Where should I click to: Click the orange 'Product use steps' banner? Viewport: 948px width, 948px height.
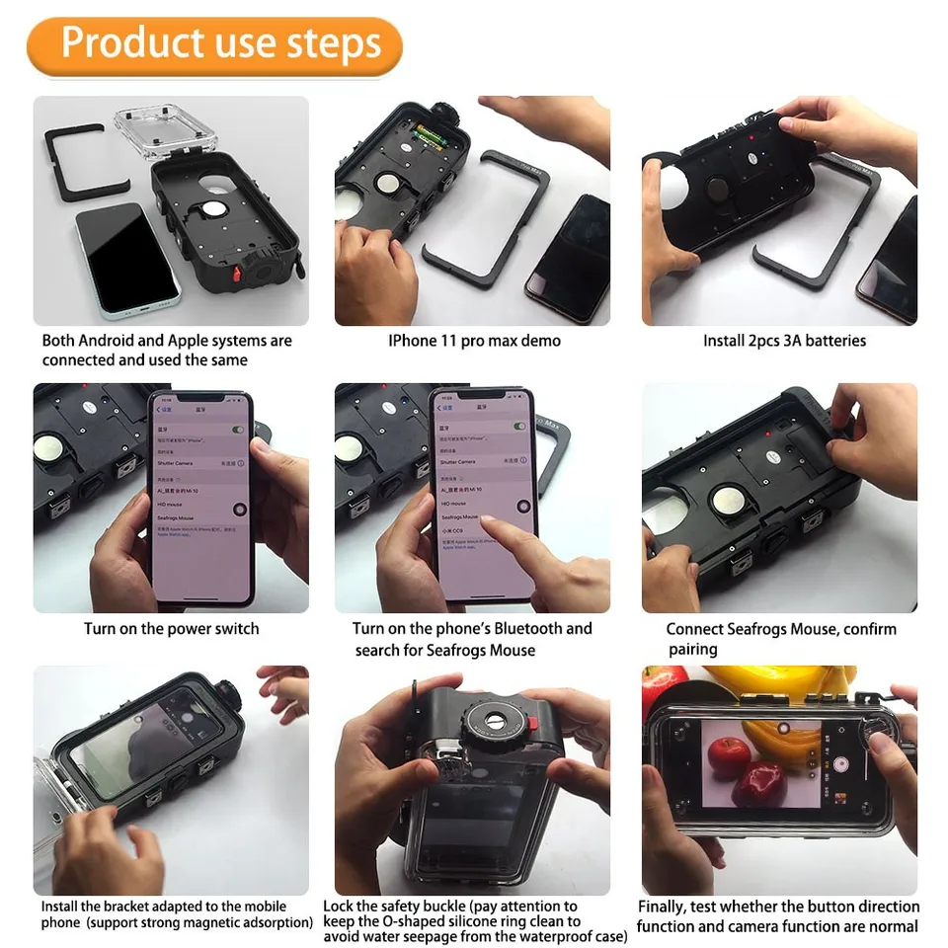click(x=214, y=44)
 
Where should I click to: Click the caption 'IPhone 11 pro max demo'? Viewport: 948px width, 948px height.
click(x=474, y=341)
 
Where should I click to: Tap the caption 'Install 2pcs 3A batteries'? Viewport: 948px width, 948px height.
click(x=784, y=341)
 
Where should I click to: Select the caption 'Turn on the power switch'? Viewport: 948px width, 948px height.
click(x=171, y=629)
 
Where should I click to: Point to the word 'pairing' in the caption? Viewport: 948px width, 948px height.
click(x=692, y=650)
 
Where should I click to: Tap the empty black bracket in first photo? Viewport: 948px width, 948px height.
click(x=86, y=163)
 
